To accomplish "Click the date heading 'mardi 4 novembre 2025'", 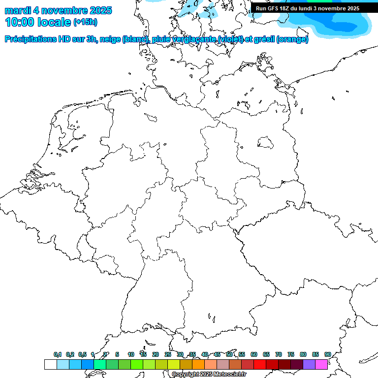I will point(58,10).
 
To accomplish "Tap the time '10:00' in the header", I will point(20,22).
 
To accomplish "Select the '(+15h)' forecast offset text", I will point(85,22).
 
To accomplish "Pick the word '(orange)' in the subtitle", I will point(292,39).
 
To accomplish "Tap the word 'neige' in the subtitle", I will point(110,39).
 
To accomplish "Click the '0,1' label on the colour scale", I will point(58,355).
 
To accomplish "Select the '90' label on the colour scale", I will point(328,355).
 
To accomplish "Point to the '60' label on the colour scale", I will point(254,355).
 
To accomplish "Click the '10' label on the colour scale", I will point(131,355).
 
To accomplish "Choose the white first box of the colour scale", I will point(50,364).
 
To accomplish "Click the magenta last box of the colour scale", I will point(321,364).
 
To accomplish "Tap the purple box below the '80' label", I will point(309,364).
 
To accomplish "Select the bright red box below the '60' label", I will point(260,364).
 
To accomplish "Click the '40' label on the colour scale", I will point(205,355).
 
